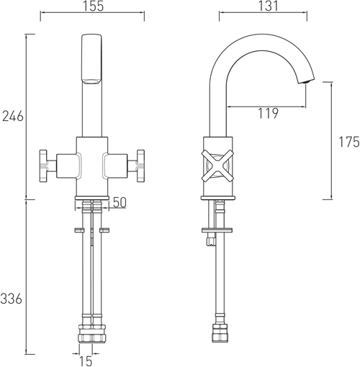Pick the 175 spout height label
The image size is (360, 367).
click(x=349, y=142)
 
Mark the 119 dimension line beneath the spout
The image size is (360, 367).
click(x=266, y=106)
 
